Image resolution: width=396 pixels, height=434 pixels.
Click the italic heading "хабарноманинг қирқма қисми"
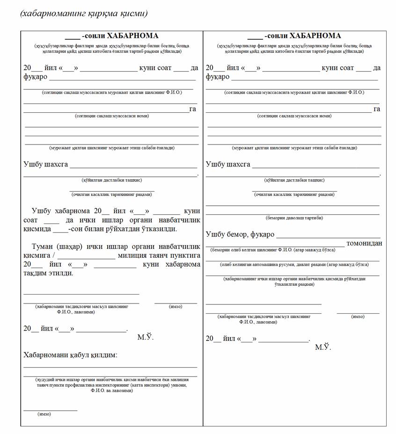click(84, 13)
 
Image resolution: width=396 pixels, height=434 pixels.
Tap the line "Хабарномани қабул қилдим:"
click(70, 355)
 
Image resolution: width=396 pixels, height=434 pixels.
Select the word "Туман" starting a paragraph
click(42, 246)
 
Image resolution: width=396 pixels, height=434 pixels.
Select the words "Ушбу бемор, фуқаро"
click(240, 234)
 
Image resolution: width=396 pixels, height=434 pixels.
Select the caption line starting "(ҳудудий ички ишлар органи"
click(112, 380)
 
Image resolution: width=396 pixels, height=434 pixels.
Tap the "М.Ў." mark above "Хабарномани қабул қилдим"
click(145, 337)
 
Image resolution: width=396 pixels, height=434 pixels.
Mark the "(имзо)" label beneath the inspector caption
click(44, 414)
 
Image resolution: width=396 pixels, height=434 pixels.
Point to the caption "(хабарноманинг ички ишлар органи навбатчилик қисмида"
click(294, 279)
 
